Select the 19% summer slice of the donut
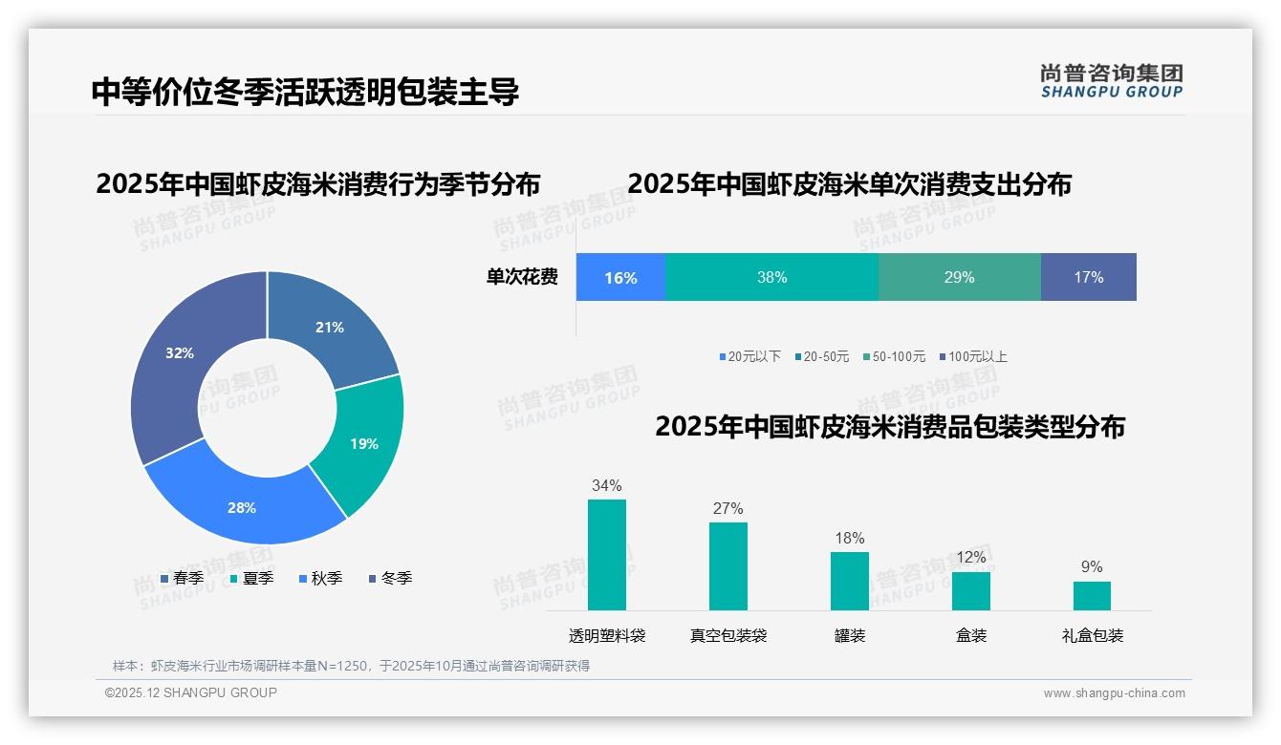364,443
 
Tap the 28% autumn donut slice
242,507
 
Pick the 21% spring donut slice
330,327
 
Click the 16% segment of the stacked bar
620,277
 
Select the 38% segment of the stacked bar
771,277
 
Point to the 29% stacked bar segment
959,277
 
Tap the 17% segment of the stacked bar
1088,277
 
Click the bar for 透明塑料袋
607,555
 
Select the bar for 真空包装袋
728,566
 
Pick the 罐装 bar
849,581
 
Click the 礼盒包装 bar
1092,596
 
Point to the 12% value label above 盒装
970,557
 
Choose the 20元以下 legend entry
750,356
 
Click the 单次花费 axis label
522,277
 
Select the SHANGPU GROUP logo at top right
1111,81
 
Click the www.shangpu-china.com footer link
1114,692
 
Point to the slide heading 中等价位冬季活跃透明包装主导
305,93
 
